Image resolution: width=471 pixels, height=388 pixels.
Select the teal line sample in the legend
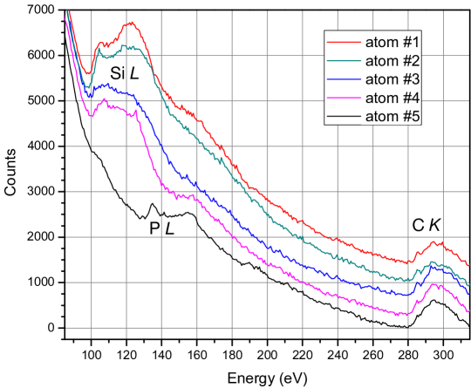(343, 60)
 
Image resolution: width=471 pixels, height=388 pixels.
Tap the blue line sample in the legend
(343, 78)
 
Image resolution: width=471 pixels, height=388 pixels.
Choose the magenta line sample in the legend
(343, 96)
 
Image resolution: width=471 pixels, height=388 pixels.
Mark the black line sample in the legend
(343, 114)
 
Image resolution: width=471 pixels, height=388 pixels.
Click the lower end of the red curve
(469, 264)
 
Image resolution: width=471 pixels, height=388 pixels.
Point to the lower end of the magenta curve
(469, 311)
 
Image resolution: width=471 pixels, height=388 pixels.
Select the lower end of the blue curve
(469, 294)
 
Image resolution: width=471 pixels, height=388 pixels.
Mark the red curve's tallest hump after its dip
(130, 24)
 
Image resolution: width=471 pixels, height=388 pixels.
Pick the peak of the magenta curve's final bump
(433, 283)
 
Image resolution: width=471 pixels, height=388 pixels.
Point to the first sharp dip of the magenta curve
(90, 116)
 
